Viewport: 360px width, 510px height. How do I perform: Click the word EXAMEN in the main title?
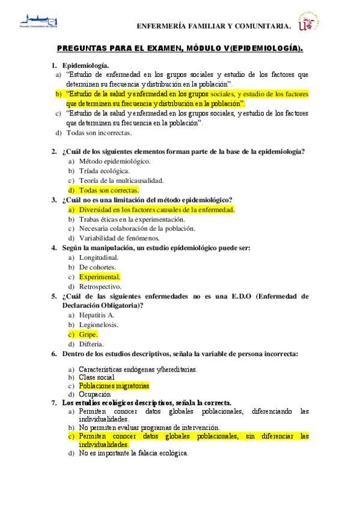tap(162, 48)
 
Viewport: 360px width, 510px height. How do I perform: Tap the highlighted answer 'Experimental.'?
tap(100, 277)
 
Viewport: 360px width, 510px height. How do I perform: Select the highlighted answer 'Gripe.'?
tap(88, 334)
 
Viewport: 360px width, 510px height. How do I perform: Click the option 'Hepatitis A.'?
tap(97, 315)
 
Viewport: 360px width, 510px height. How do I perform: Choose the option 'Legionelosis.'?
tap(99, 325)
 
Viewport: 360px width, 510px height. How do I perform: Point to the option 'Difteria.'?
tap(91, 344)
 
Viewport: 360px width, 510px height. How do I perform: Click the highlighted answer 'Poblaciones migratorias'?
tap(114, 386)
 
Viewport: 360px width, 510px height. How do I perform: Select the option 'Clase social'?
tap(97, 377)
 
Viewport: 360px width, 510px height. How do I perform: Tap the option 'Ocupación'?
tap(94, 394)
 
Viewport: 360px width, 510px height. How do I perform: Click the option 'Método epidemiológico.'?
tap(114, 161)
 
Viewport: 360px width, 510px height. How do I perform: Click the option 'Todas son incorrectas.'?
tap(99, 133)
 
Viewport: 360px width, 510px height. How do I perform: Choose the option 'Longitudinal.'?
tap(99, 257)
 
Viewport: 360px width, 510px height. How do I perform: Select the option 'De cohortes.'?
tap(97, 267)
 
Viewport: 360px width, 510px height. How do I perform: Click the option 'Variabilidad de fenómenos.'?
tap(117, 238)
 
